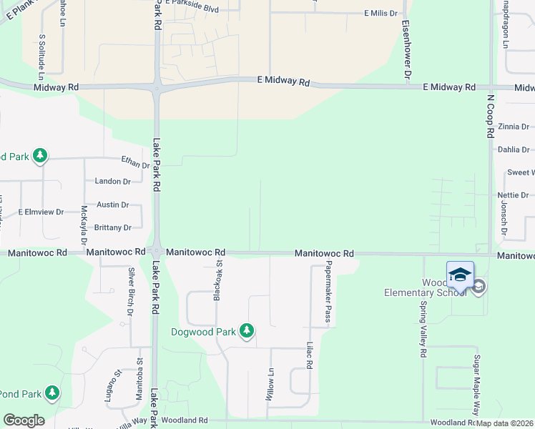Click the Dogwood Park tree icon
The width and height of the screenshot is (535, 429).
pyautogui.click(x=247, y=330)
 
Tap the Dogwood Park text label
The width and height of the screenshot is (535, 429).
pyautogui.click(x=203, y=332)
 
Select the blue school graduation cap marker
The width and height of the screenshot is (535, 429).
pyautogui.click(x=460, y=275)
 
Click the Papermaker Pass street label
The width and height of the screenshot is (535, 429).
pyautogui.click(x=328, y=292)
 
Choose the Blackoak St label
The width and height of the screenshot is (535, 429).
pyautogui.click(x=217, y=280)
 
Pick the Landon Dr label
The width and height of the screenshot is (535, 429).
pyautogui.click(x=113, y=182)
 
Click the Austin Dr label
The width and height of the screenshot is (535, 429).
pyautogui.click(x=113, y=204)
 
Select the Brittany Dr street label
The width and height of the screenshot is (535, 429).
pyautogui.click(x=113, y=228)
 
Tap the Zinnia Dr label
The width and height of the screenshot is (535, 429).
pyautogui.click(x=514, y=127)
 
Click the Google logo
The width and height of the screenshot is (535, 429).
pyautogui.click(x=24, y=420)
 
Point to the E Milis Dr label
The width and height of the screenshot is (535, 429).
pyautogui.click(x=380, y=14)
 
